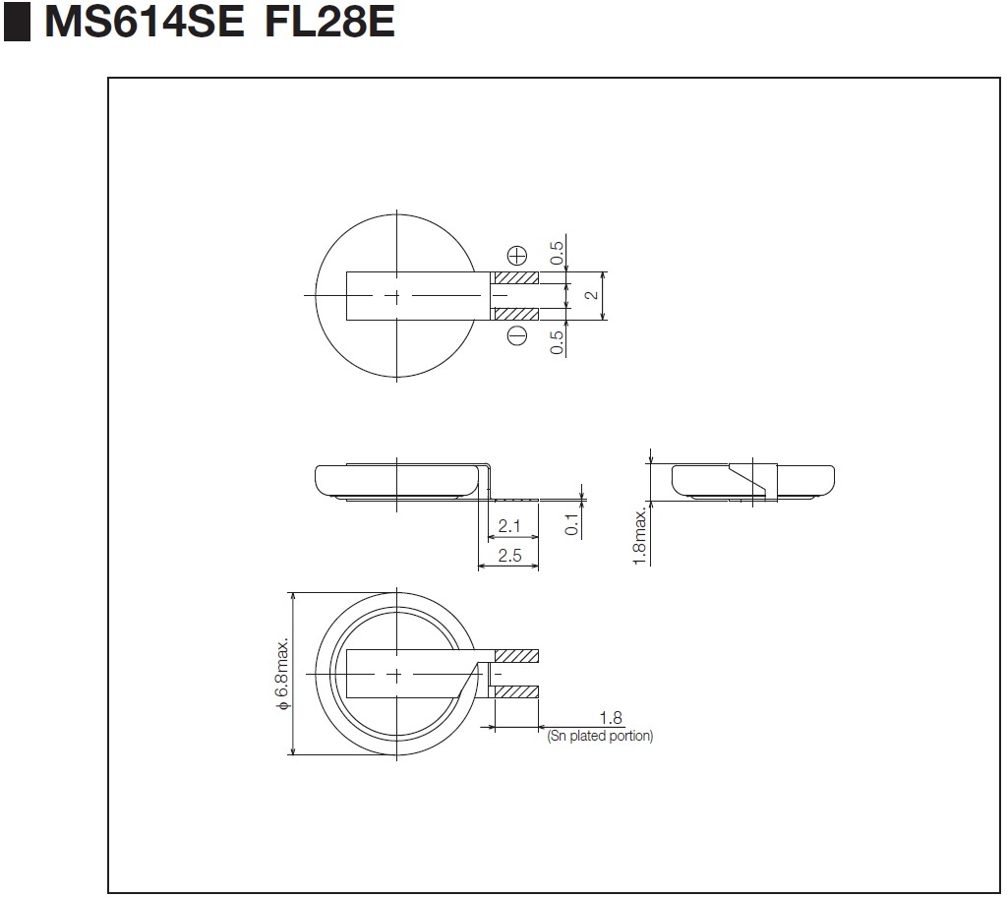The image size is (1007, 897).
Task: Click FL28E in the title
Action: [329, 22]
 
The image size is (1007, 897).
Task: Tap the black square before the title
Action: [17, 23]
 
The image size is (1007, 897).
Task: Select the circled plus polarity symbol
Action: [516, 253]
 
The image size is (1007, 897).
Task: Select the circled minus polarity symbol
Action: [516, 337]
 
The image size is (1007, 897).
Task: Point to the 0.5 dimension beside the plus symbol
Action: [558, 253]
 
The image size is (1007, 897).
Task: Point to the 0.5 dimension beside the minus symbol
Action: [558, 340]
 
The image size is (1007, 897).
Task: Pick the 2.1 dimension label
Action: [509, 526]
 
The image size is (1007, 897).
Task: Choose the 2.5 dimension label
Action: [509, 556]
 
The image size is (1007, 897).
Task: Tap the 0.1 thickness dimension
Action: [572, 522]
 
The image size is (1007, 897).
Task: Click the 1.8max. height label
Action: [640, 535]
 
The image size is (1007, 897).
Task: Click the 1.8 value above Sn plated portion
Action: [611, 719]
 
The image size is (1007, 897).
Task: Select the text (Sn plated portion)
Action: [599, 736]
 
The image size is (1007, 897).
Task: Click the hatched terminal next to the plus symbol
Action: [515, 278]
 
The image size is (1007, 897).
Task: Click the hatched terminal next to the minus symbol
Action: [515, 314]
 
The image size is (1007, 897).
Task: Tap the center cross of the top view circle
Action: [395, 296]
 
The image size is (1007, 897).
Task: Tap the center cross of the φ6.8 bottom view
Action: [395, 674]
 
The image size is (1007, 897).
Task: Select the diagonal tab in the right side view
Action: [746, 481]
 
